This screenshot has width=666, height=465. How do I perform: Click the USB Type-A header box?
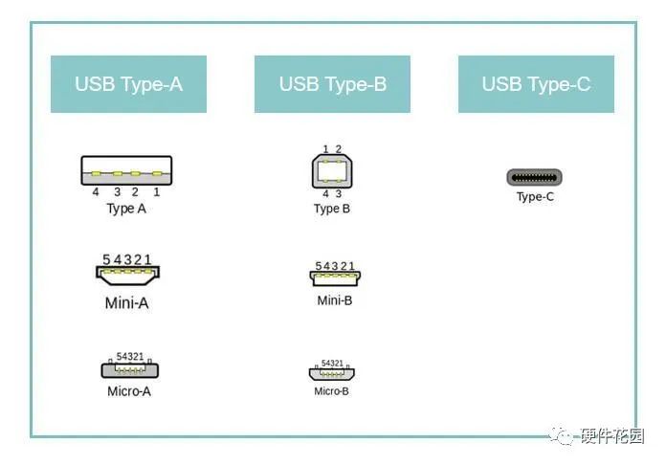click(128, 84)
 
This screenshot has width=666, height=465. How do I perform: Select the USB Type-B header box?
click(332, 84)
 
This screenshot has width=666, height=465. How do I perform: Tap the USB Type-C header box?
click(536, 84)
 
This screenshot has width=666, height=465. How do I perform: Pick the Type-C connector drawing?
click(534, 177)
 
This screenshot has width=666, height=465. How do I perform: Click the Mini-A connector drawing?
click(127, 275)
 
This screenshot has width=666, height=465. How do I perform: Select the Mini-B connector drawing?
click(335, 277)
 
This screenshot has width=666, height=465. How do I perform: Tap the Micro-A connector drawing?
click(129, 369)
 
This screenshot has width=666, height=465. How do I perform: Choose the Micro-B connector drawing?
click(332, 373)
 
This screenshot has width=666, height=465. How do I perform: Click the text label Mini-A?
click(126, 303)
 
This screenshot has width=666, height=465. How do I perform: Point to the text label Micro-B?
click(331, 390)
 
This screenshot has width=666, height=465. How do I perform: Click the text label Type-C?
click(535, 197)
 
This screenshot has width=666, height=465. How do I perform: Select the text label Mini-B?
click(335, 300)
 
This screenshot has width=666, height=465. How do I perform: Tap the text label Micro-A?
click(129, 390)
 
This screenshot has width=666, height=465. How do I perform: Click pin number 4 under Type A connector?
click(96, 192)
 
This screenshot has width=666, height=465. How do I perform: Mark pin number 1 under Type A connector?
click(156, 192)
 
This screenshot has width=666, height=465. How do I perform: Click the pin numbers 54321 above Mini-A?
click(127, 259)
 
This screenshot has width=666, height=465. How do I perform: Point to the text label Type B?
click(331, 209)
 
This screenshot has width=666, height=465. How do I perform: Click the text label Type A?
click(126, 209)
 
